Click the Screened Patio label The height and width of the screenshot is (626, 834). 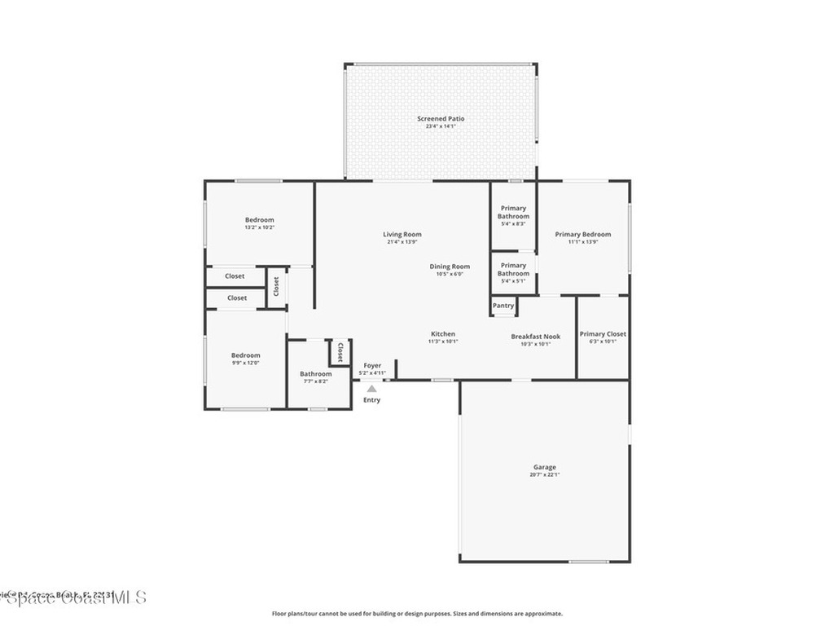(x=441, y=119)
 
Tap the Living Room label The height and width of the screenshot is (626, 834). (x=402, y=235)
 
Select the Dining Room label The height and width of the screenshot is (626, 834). (x=450, y=267)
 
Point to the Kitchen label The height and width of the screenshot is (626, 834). (x=443, y=334)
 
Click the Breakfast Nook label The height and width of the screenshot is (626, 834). (x=535, y=337)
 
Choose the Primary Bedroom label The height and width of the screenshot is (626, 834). (x=582, y=235)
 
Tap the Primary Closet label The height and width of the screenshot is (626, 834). (x=603, y=334)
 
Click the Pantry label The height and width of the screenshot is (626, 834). (x=503, y=306)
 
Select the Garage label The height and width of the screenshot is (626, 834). (x=545, y=467)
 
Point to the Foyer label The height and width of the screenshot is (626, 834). (x=372, y=366)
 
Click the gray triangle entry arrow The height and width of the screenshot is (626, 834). (x=371, y=390)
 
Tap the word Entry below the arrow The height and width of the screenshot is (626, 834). (x=371, y=400)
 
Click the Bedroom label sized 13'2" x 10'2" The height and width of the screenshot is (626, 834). (x=259, y=220)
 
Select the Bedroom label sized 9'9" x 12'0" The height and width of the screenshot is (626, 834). (x=245, y=355)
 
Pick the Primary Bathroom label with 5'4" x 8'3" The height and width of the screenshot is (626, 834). (x=513, y=212)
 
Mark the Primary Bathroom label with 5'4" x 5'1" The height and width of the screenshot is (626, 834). (x=513, y=269)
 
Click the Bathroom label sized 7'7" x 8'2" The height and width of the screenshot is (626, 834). (x=315, y=374)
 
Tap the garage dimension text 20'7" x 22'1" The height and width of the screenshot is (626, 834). (x=545, y=474)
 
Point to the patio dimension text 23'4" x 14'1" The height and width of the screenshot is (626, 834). (x=441, y=126)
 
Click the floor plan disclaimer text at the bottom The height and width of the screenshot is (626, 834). (x=416, y=614)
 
